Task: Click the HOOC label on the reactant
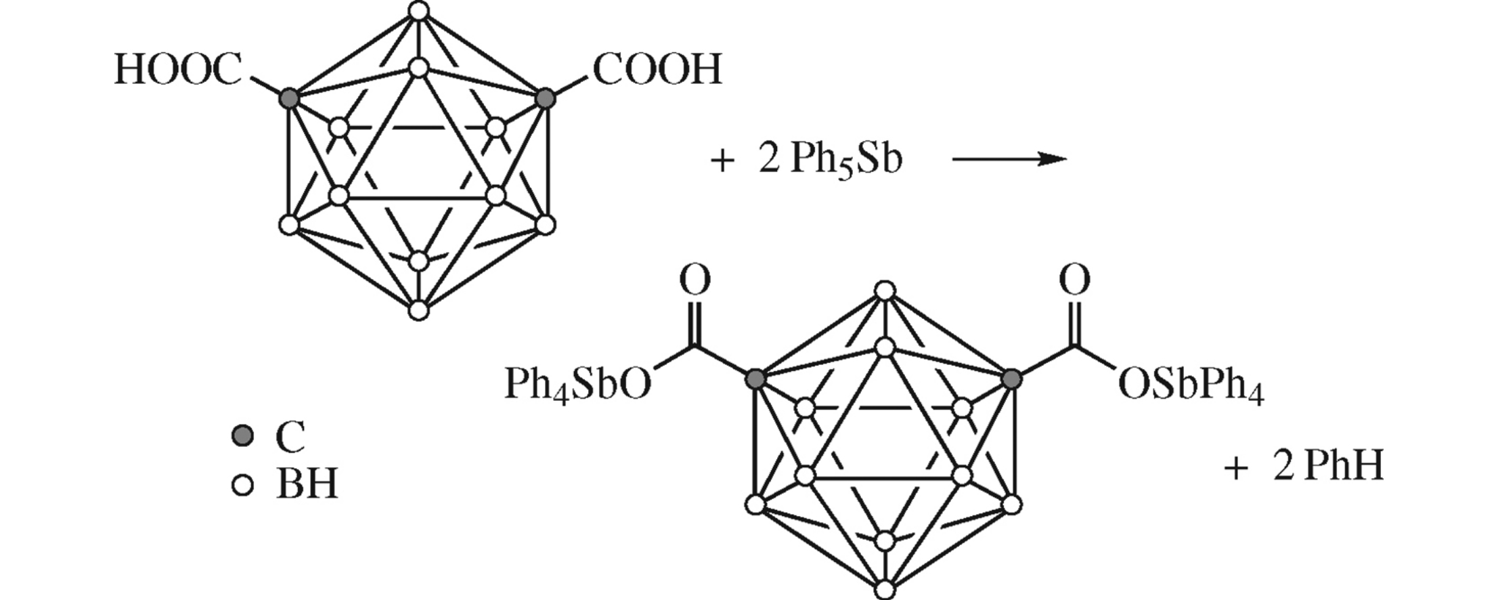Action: pyautogui.click(x=178, y=70)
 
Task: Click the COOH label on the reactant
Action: pyautogui.click(x=657, y=70)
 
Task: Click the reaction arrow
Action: pyautogui.click(x=1009, y=159)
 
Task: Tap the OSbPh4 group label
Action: pyautogui.click(x=1191, y=387)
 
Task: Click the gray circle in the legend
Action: pyautogui.click(x=242, y=435)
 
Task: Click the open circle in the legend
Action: pyautogui.click(x=242, y=485)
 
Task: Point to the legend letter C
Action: pyautogui.click(x=290, y=437)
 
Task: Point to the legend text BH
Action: pyautogui.click(x=307, y=486)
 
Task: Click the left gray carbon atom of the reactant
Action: pyautogui.click(x=289, y=98)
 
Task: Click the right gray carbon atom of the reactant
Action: pyautogui.click(x=545, y=98)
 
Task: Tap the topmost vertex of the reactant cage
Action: pyautogui.click(x=420, y=11)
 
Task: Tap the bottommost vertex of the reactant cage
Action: pyautogui.click(x=419, y=310)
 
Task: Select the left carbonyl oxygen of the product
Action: pyautogui.click(x=695, y=280)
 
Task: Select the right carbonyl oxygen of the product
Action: pyautogui.click(x=1074, y=280)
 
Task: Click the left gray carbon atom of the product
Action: pyautogui.click(x=755, y=379)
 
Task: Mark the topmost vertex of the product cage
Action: pyautogui.click(x=885, y=291)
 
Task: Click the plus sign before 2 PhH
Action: pyautogui.click(x=1235, y=468)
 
